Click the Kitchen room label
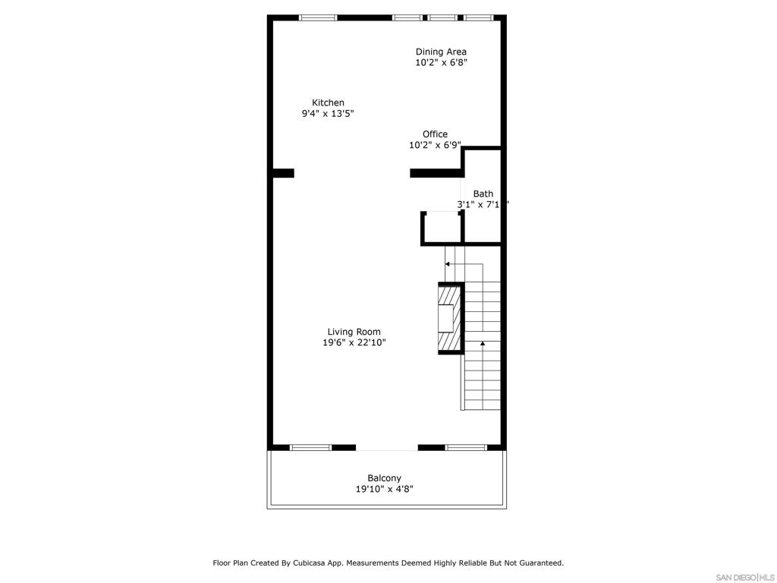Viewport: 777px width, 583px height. coord(328,102)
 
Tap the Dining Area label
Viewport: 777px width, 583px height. coord(441,52)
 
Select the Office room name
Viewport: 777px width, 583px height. coord(435,134)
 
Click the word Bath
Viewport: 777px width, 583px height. coord(483,194)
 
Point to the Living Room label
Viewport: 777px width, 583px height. coord(354,331)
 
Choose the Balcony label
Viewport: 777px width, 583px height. coord(384,477)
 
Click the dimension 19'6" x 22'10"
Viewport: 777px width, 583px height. coord(354,342)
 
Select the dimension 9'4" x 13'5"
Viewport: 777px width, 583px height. coord(328,114)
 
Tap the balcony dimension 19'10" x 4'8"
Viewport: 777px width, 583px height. coord(384,489)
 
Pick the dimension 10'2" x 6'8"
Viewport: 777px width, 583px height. coord(441,63)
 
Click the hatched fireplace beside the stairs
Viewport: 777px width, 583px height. coord(449,318)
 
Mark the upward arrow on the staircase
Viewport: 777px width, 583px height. coord(483,345)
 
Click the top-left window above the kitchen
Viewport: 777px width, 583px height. coord(318,17)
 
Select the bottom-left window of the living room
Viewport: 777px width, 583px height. coord(311,447)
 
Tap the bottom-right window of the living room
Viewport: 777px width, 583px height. coord(465,447)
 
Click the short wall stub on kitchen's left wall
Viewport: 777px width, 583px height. coord(283,173)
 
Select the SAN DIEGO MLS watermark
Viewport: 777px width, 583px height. coord(744,577)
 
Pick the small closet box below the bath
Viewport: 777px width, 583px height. coord(442,228)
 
